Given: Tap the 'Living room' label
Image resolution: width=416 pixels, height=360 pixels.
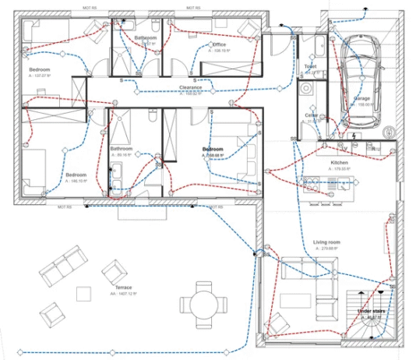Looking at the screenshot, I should click(327, 242).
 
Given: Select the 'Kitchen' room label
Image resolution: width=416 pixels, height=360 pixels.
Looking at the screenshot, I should click(339, 162).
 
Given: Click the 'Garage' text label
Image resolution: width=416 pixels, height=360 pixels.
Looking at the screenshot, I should click(362, 98).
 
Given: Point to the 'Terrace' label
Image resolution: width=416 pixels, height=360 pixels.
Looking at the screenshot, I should click(122, 288).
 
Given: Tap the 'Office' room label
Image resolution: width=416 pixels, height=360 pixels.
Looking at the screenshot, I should click(219, 44).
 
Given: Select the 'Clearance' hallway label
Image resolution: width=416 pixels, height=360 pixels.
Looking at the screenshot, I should click(191, 87).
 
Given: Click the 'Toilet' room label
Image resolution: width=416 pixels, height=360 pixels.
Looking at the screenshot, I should click(311, 67).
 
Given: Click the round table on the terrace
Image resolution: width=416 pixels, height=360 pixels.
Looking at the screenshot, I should click(205, 303).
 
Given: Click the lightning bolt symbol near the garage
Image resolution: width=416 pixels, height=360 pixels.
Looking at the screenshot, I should click(354, 137).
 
